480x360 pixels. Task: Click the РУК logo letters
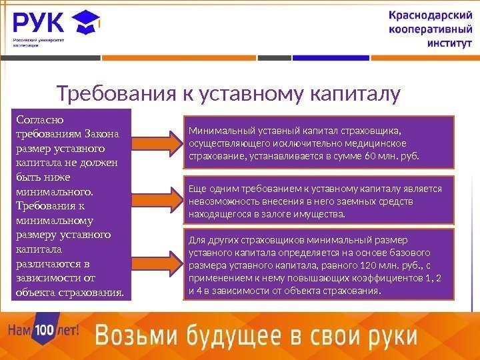(x=38, y=24)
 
